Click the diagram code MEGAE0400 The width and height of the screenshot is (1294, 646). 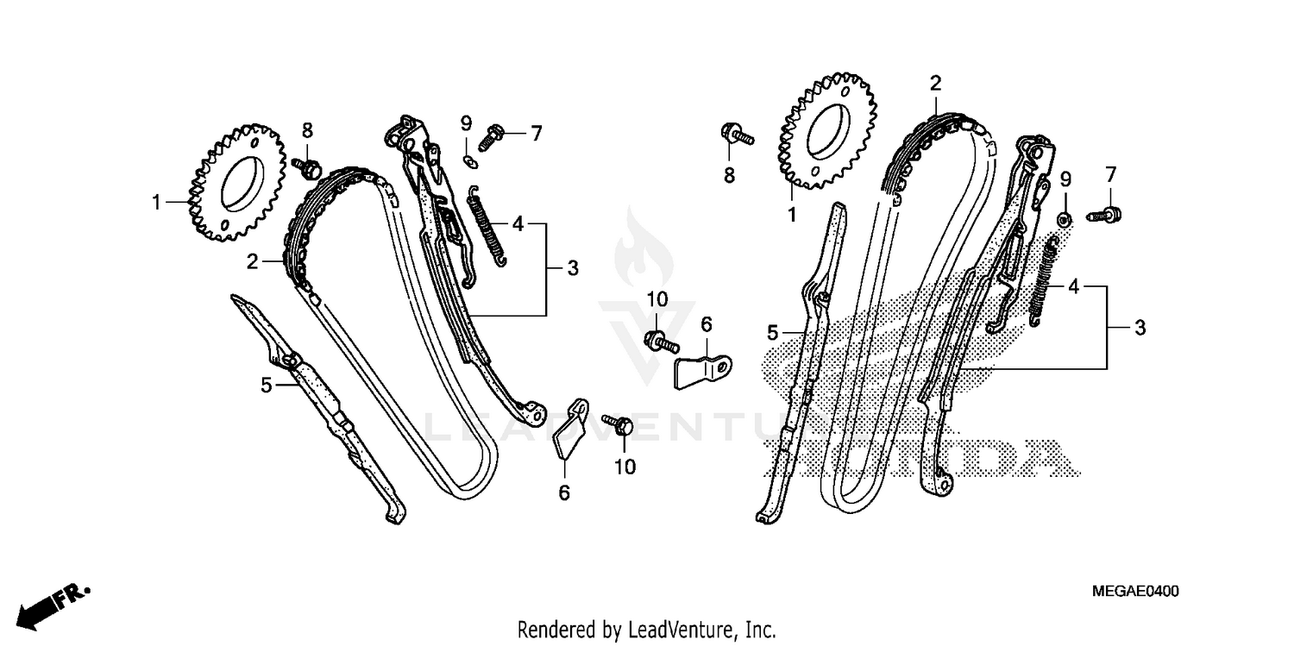(1134, 592)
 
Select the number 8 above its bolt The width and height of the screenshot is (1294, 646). (307, 130)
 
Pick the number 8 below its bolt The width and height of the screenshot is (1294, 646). (729, 175)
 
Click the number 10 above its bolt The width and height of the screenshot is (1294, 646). (657, 299)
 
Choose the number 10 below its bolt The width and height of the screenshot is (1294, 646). (625, 467)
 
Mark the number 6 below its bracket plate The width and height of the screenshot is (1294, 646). (564, 492)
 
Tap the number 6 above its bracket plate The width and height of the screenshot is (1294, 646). (707, 324)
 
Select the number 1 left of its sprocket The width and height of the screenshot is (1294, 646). (156, 203)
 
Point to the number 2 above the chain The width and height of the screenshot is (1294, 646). (935, 84)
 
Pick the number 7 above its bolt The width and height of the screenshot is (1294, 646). (1110, 175)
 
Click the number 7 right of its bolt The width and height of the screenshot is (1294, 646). (535, 134)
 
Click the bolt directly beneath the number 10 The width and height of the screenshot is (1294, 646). (657, 340)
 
